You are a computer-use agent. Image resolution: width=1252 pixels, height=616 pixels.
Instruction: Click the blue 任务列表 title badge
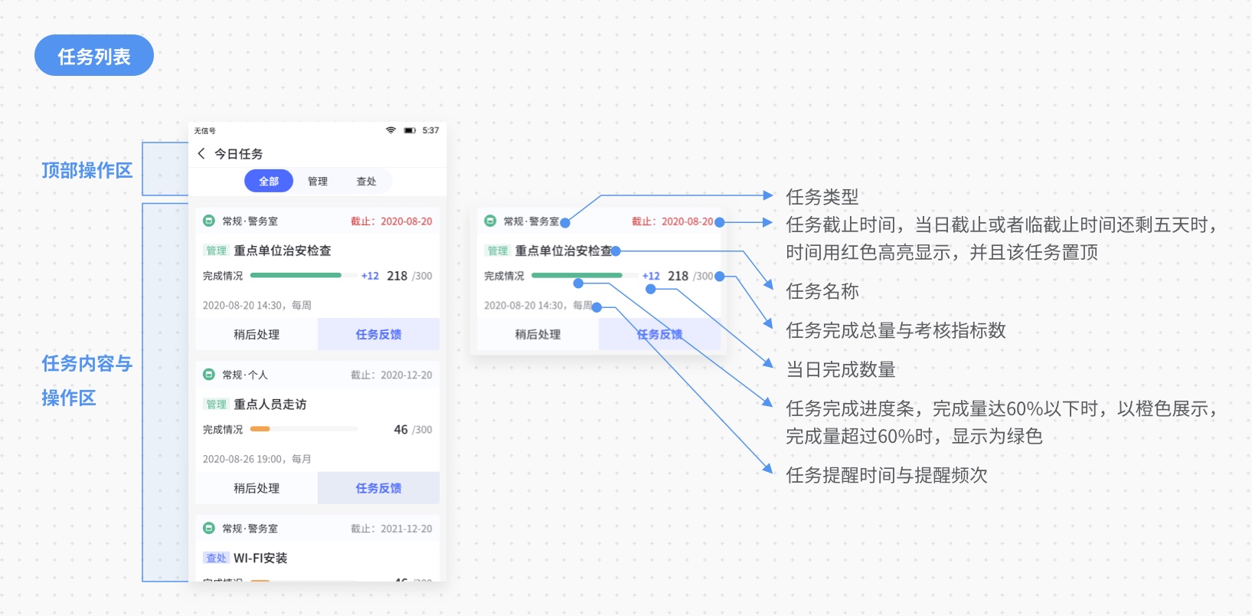pos(93,55)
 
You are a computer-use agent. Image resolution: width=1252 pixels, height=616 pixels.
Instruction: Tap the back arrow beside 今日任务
pos(201,153)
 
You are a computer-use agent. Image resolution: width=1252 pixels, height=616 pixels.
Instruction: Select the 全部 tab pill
pos(268,182)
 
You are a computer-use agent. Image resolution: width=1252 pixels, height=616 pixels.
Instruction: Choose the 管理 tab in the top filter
pos(317,182)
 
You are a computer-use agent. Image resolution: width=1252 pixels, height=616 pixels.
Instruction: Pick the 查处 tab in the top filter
pos(366,182)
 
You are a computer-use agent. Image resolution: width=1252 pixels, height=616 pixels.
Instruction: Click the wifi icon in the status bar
pos(391,130)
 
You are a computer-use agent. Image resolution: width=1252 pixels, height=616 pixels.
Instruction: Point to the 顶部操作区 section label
pos(87,170)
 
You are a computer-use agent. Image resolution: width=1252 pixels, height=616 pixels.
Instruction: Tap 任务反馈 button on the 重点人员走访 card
pos(378,488)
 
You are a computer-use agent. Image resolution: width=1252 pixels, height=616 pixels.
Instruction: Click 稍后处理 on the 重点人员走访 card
pos(257,488)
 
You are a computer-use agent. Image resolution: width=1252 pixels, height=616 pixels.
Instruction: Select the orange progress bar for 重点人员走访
pos(260,429)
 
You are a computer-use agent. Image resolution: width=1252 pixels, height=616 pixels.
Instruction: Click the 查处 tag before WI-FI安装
pos(216,558)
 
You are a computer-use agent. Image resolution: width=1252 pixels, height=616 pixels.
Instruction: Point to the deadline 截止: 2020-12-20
pos(391,375)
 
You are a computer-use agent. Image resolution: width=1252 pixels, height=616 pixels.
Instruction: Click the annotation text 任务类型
pos(822,197)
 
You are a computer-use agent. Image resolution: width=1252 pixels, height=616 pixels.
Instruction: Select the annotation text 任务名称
pos(822,291)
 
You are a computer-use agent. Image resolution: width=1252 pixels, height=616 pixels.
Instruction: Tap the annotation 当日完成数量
pos(840,369)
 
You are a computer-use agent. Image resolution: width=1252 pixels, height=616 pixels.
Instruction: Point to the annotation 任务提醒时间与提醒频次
pos(886,475)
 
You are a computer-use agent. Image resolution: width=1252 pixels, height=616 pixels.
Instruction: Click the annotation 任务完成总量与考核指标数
pos(895,330)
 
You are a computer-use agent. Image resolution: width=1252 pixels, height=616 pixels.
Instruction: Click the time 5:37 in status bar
pos(430,130)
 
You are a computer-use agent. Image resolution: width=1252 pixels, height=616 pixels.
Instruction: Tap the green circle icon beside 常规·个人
pos(208,375)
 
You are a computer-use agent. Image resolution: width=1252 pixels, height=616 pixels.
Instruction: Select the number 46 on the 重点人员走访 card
pos(400,430)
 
